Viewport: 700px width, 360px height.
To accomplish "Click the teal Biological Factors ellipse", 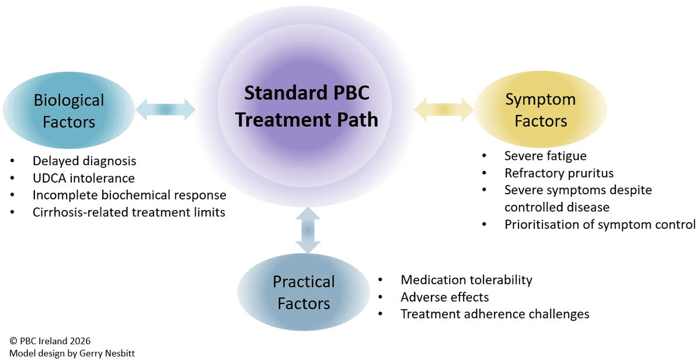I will click(x=69, y=110).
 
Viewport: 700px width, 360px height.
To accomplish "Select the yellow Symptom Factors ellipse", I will click(x=540, y=110).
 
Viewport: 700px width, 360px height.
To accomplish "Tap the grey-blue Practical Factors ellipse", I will click(x=304, y=292).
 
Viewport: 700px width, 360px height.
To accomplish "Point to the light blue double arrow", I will click(x=165, y=110).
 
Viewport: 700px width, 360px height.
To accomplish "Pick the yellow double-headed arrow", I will click(x=444, y=110).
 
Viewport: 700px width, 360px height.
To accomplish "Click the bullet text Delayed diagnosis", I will click(x=84, y=161).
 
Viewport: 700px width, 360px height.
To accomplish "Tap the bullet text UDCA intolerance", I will click(x=83, y=178).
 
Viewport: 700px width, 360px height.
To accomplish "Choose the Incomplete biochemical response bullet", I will click(x=129, y=195).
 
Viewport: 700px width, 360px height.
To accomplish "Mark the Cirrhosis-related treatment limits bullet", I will click(x=128, y=212).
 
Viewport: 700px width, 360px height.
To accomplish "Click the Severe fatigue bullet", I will click(x=545, y=156).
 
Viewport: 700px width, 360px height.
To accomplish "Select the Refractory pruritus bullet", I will click(x=559, y=173).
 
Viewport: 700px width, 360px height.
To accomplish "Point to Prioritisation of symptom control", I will click(x=600, y=225).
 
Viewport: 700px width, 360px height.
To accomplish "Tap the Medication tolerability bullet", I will click(x=466, y=280).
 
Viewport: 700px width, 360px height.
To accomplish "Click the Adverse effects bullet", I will click(x=444, y=297).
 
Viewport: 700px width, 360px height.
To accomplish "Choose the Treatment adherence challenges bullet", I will click(x=494, y=314).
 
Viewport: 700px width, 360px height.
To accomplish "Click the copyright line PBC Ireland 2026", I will click(x=50, y=341).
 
